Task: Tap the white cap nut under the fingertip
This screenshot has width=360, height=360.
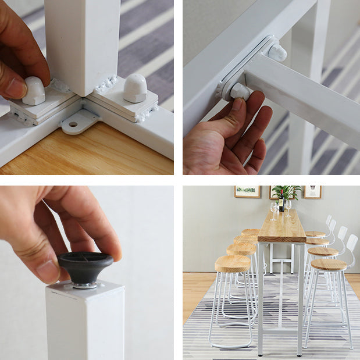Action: click(34, 91)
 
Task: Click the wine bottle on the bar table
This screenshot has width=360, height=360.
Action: click(281, 204)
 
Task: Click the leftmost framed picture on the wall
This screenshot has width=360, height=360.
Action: click(247, 192)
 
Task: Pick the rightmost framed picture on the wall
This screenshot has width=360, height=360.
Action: click(312, 192)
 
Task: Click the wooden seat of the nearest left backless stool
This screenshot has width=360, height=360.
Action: click(233, 264)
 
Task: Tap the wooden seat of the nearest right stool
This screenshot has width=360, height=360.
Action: click(329, 265)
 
